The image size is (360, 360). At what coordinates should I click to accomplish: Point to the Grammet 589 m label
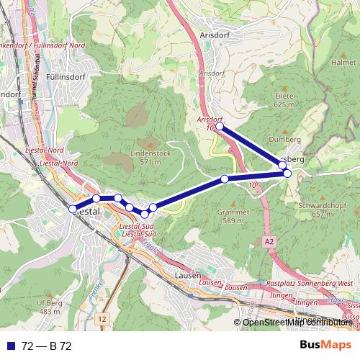coord(235,217)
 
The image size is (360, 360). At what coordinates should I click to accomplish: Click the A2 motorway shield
coord(268,241)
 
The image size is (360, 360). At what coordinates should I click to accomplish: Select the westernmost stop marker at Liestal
coord(72,209)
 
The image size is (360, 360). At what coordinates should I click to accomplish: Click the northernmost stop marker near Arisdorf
coord(220,126)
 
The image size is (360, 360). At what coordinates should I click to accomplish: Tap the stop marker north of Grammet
coord(225,179)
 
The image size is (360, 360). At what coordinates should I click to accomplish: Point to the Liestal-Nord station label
coord(45,149)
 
